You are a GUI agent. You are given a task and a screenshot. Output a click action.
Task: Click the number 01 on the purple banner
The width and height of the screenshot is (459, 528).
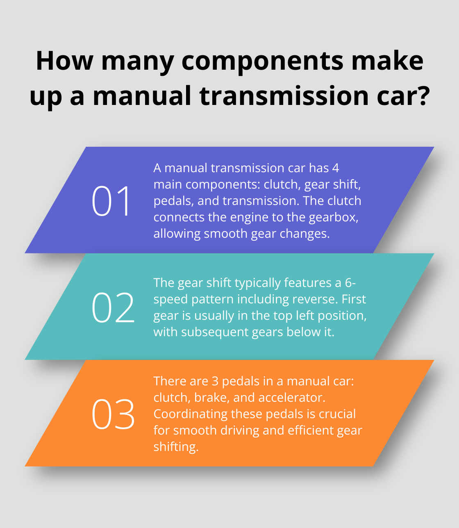111,201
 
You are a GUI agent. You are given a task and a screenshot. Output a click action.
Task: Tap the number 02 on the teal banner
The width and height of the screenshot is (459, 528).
113,307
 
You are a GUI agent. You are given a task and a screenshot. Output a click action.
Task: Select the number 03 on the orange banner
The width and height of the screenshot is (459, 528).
113,414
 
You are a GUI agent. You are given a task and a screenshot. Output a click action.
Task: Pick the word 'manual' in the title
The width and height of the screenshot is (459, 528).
143,96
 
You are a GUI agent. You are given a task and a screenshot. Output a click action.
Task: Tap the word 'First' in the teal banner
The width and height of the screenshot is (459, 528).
353,299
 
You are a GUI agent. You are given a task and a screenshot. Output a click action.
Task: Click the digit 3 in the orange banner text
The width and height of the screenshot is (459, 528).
215,381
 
